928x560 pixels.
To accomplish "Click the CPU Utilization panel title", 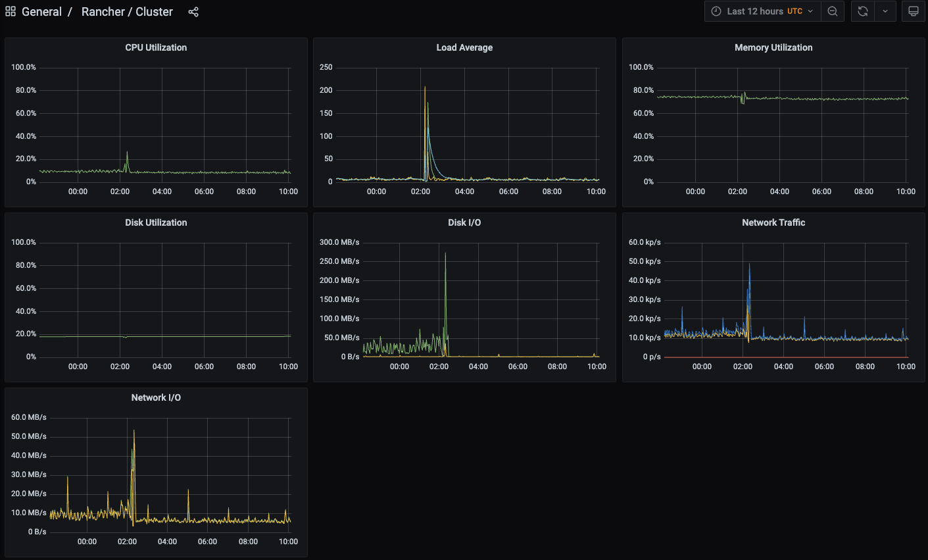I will (156, 47).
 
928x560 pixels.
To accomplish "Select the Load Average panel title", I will (464, 47).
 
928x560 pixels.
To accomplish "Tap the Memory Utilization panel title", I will (773, 47).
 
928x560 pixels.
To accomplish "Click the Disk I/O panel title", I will (464, 222).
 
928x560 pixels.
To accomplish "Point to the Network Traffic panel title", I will (773, 222).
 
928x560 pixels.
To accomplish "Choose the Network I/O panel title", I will (156, 397).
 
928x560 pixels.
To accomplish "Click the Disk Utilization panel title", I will (156, 222).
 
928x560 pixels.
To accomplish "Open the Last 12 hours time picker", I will (763, 11).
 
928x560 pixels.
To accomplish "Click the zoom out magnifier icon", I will (833, 11).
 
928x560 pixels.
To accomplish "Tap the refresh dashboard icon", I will (863, 11).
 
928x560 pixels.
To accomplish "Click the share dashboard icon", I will (193, 12).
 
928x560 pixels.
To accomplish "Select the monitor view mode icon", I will (914, 11).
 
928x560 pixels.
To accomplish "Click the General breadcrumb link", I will (41, 12).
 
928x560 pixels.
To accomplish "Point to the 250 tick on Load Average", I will (326, 67).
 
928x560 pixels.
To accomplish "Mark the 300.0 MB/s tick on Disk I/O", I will (339, 242).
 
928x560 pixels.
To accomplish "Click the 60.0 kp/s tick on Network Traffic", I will (645, 242).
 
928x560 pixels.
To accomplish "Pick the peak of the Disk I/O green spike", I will (445, 253).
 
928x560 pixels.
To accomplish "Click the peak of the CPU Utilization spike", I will (127, 153).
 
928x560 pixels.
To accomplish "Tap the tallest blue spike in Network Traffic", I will (749, 265).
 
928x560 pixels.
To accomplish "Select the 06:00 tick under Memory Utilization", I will (821, 191).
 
